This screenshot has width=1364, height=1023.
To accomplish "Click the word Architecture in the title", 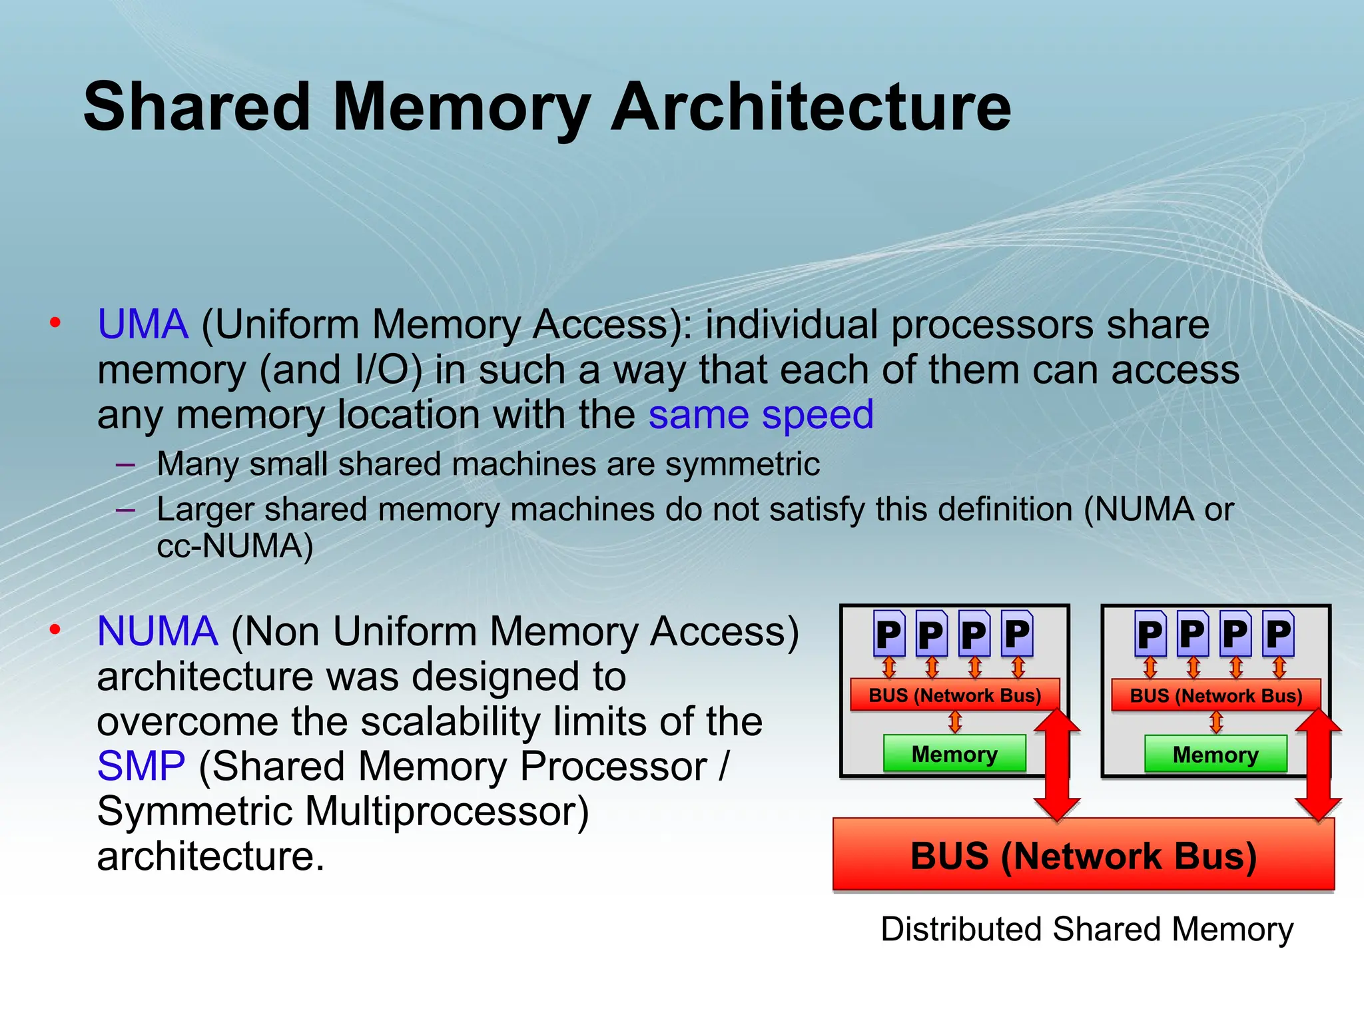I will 811,107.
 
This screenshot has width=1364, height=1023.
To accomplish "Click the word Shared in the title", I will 197,107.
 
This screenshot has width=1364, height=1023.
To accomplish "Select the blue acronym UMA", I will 143,325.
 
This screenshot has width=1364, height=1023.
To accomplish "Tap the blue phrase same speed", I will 761,415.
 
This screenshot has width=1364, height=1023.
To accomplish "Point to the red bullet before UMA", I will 55,324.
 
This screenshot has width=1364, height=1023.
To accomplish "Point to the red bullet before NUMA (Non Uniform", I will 55,629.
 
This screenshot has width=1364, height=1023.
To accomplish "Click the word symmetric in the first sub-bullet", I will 742,464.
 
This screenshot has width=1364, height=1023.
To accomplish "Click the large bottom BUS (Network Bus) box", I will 1084,855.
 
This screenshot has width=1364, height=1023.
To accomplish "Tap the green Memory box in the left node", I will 954,754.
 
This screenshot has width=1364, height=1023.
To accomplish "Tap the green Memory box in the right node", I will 1215,755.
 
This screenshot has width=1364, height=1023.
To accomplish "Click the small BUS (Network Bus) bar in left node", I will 954,695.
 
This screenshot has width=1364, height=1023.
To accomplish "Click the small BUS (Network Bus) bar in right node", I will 1215,695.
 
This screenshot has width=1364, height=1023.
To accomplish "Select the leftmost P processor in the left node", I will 888,634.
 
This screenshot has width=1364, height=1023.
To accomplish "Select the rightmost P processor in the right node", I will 1278,634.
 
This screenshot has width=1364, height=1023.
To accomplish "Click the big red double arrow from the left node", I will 1057,765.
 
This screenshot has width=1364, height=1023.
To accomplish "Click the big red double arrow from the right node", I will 1318,765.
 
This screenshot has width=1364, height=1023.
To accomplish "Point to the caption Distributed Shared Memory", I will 1086,928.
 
